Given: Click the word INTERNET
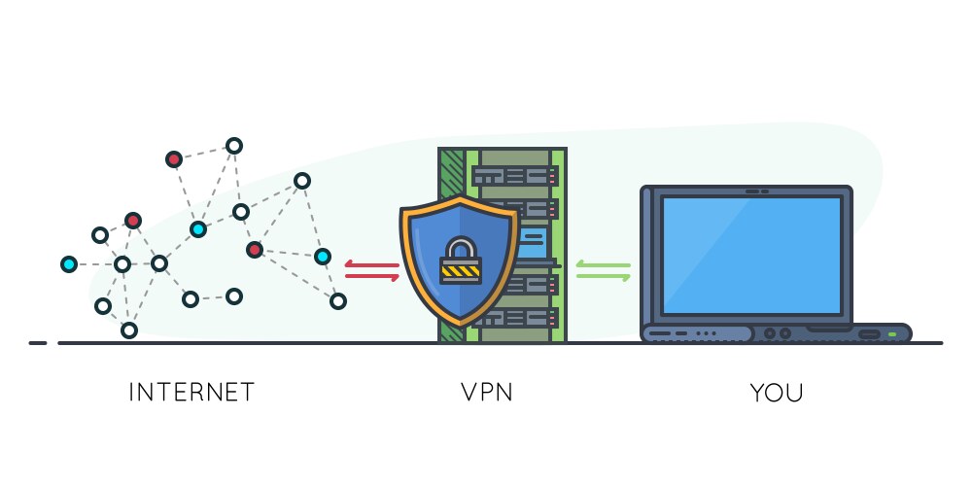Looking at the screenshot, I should (191, 393).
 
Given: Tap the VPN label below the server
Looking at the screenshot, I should (486, 393).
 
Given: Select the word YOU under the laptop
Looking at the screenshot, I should (777, 393).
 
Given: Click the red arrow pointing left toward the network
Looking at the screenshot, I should (371, 264).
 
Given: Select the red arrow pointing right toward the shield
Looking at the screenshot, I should (371, 277).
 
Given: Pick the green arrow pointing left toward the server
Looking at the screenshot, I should (603, 264).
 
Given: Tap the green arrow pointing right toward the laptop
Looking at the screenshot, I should (603, 277).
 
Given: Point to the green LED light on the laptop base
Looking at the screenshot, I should (891, 334).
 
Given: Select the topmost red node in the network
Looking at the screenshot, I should (173, 158).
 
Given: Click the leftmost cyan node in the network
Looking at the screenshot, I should (68, 263).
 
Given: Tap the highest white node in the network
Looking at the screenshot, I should (233, 146).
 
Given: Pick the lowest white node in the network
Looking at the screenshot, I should (128, 330).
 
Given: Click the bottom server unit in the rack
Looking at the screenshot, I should (515, 318).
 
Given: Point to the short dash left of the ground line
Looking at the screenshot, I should (38, 343).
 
